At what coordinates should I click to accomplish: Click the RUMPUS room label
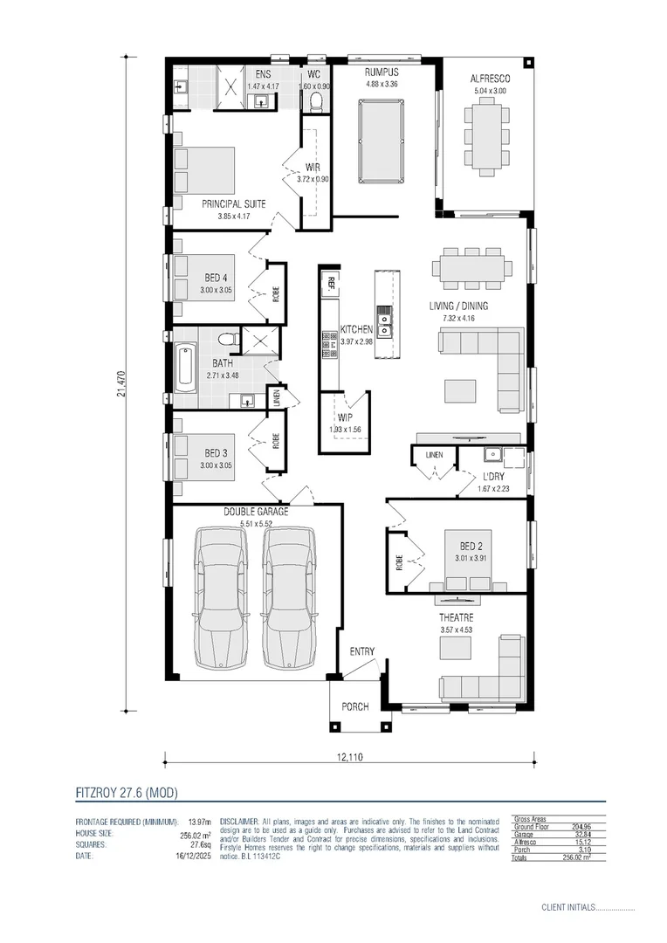[x=382, y=72]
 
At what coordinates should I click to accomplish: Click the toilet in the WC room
[x=316, y=103]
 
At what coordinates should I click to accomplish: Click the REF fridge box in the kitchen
[x=332, y=281]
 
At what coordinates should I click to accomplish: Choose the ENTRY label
[x=362, y=651]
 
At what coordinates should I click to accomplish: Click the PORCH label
[x=354, y=706]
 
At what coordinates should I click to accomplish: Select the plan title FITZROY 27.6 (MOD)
[x=127, y=793]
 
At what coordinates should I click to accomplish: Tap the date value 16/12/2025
[x=192, y=857]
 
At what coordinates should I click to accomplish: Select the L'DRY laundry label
[x=495, y=477]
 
